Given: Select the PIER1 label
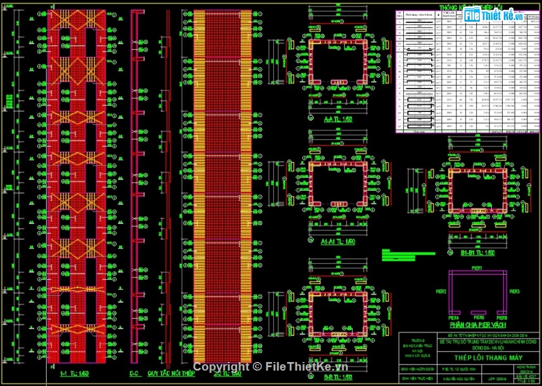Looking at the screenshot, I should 477,268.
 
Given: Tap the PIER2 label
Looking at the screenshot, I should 440,292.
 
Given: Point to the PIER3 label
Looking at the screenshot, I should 514,292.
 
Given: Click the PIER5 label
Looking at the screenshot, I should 478,318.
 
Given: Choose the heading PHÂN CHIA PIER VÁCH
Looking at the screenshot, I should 478,325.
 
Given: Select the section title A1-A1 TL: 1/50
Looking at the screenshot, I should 338,242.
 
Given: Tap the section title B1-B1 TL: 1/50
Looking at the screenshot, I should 478,252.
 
